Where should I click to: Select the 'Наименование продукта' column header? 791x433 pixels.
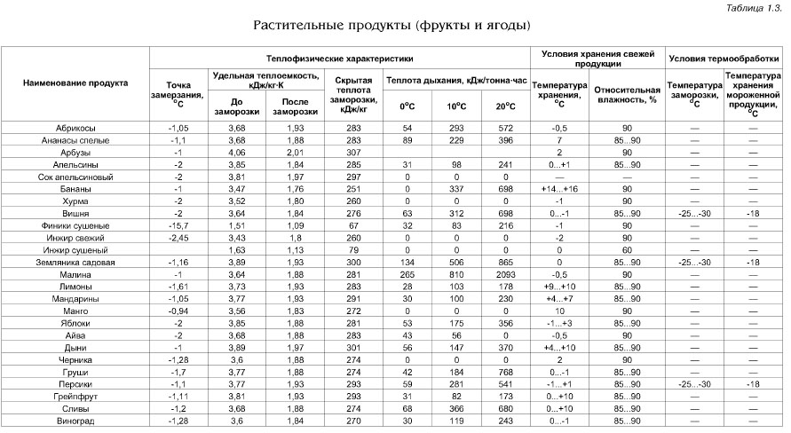tap(75, 83)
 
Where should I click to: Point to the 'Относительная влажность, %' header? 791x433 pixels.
tap(625, 94)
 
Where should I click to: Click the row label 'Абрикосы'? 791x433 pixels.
tap(75, 129)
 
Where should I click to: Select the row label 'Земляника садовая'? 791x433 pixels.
tap(75, 264)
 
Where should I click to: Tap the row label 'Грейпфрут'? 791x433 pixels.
tap(75, 395)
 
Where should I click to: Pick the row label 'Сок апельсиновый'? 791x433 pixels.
tap(75, 177)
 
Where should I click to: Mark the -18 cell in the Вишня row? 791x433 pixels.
tap(753, 214)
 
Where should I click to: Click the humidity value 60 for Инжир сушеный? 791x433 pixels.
tap(625, 251)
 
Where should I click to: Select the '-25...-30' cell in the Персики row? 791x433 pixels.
tap(695, 383)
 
